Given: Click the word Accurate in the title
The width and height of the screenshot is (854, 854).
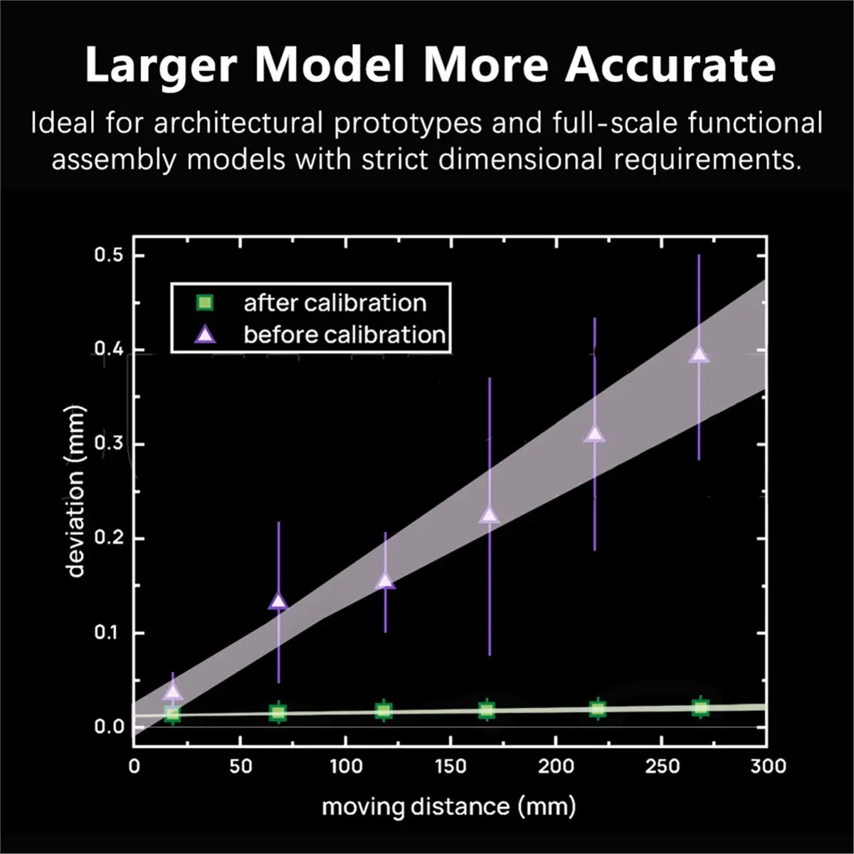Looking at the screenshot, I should click(x=670, y=65).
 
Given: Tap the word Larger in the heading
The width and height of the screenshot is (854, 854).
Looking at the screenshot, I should click(x=160, y=65).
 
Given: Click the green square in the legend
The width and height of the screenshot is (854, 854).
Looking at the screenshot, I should click(x=204, y=303).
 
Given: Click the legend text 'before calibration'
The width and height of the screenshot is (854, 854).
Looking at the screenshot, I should click(x=344, y=334).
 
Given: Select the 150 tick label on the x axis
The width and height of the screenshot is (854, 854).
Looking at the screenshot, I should click(x=450, y=766).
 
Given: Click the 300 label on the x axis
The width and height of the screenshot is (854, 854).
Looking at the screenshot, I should click(x=768, y=766).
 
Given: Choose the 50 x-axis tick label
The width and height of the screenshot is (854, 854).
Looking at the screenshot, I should click(x=241, y=766).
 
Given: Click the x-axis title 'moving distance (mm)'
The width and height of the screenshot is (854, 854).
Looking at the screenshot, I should click(x=448, y=807).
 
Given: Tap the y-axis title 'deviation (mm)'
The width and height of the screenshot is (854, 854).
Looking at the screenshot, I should click(x=76, y=491).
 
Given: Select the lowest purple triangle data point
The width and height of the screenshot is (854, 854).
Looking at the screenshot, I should click(x=172, y=691).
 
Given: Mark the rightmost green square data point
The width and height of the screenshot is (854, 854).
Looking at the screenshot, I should click(x=700, y=707).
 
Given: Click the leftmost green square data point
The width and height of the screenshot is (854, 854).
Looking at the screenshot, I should click(x=172, y=713).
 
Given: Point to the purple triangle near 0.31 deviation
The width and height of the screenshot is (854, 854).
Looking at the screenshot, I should click(x=595, y=434).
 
